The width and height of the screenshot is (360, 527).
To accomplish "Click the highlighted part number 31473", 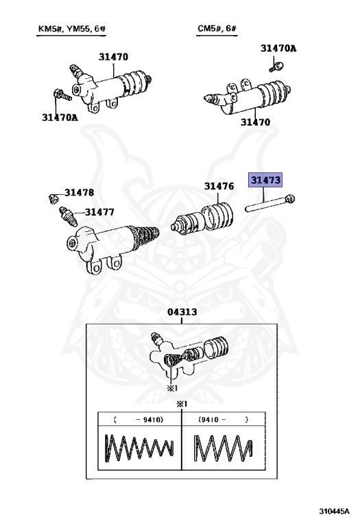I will click(x=265, y=180).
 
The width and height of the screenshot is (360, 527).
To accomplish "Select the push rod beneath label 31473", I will click(x=269, y=203).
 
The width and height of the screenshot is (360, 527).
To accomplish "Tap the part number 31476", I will click(x=219, y=186).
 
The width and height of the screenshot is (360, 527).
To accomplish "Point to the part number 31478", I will click(x=80, y=193).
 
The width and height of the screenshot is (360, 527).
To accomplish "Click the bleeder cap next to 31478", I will click(x=51, y=198).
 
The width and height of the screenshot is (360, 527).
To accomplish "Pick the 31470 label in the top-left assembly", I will click(x=113, y=57).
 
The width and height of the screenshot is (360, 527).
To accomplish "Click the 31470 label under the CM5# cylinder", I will click(x=254, y=122).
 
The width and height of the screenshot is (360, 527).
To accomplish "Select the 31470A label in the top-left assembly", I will click(x=60, y=117).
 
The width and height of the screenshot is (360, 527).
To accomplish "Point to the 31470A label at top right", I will click(x=278, y=48).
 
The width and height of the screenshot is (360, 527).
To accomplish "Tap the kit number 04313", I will click(x=182, y=312).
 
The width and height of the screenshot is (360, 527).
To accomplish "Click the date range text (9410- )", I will click(x=222, y=419).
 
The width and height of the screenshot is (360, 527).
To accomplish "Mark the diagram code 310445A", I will click(x=333, y=511).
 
